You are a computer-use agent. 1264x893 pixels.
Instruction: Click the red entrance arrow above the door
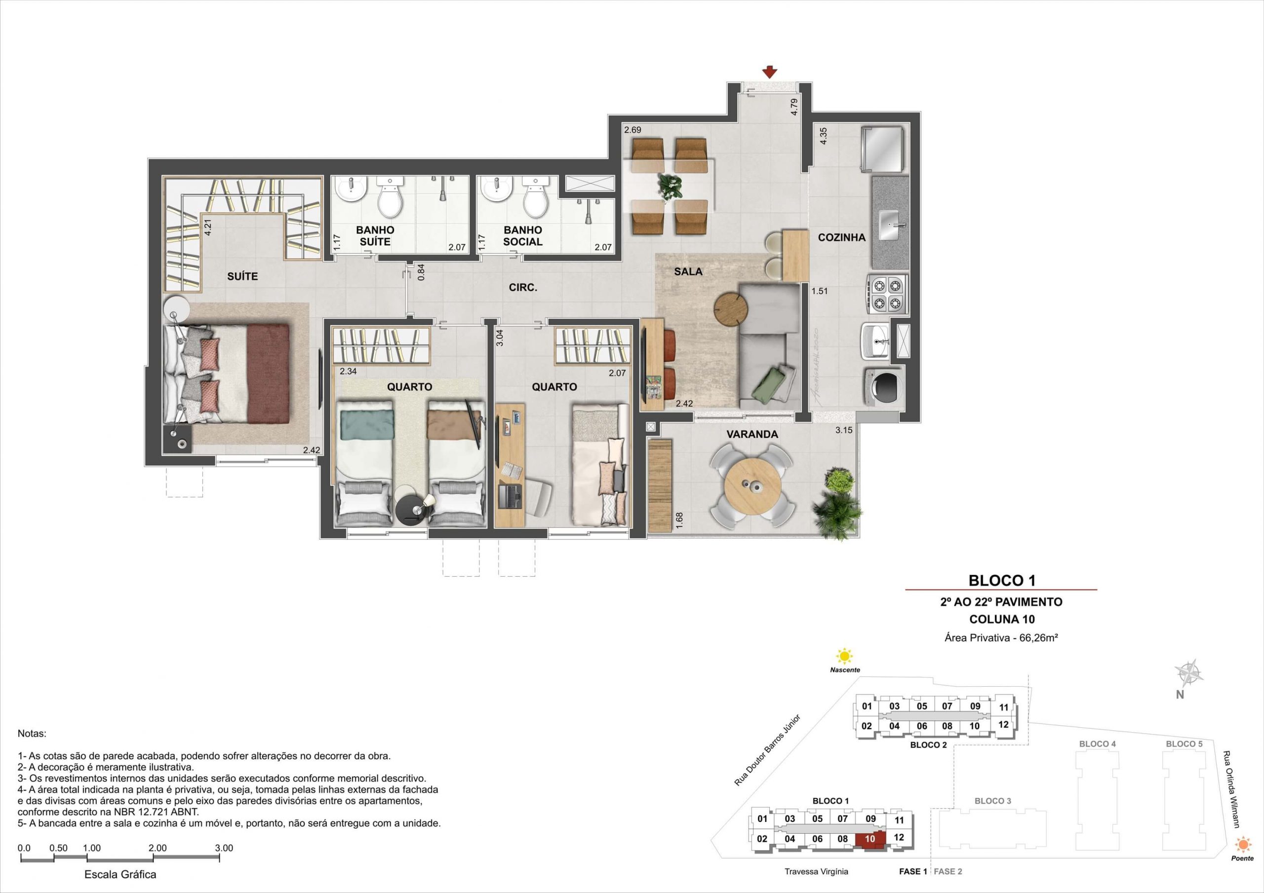click(769, 72)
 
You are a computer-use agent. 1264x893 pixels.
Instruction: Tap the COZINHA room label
click(841, 238)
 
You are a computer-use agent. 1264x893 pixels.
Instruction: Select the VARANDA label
click(752, 434)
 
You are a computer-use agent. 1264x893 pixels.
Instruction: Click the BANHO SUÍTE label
click(375, 235)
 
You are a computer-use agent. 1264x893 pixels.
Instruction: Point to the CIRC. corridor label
click(522, 287)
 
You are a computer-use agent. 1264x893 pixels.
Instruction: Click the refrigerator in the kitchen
click(883, 148)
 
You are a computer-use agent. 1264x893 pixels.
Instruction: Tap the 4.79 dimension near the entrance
click(794, 106)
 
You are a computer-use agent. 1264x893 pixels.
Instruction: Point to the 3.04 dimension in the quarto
click(499, 337)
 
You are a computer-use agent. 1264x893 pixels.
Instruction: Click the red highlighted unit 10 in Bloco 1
click(870, 839)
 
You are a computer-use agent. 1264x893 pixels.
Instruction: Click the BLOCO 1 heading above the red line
click(1002, 580)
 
